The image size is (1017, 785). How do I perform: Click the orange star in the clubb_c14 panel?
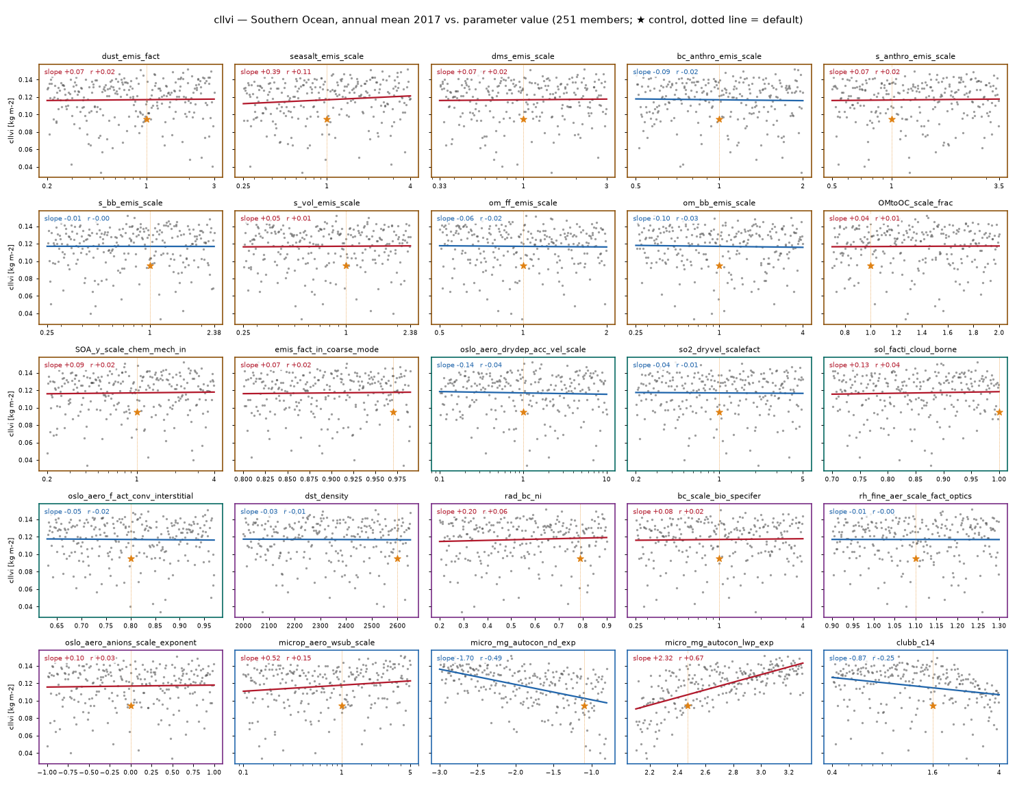click(x=932, y=706)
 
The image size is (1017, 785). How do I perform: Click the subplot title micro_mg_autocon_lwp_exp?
click(x=719, y=643)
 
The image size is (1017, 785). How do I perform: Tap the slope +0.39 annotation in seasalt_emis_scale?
click(x=260, y=72)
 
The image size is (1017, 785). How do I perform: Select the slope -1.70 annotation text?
click(x=455, y=658)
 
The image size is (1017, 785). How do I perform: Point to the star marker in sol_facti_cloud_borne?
click(x=999, y=412)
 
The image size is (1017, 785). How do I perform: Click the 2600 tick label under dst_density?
click(x=397, y=626)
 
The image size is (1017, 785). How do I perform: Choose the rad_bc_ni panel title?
click(x=523, y=496)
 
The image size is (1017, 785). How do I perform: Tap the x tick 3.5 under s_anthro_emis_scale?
click(x=999, y=185)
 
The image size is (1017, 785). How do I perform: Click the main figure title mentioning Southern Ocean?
click(x=508, y=20)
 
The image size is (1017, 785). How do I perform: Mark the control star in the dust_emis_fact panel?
click(x=147, y=119)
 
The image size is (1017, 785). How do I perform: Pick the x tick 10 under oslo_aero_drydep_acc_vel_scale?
click(x=606, y=479)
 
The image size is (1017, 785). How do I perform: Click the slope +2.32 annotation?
click(x=653, y=658)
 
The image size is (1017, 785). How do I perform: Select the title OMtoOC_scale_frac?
click(x=915, y=203)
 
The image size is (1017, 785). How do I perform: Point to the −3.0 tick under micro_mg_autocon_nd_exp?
click(x=440, y=772)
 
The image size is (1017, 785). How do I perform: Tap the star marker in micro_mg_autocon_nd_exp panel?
click(x=584, y=706)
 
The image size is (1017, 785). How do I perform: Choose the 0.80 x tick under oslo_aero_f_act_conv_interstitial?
click(x=131, y=626)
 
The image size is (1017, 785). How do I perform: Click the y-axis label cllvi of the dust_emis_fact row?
click(x=11, y=120)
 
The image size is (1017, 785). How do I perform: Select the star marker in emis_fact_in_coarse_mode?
click(x=393, y=412)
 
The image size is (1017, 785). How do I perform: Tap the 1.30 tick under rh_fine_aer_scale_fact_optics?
click(x=999, y=626)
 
